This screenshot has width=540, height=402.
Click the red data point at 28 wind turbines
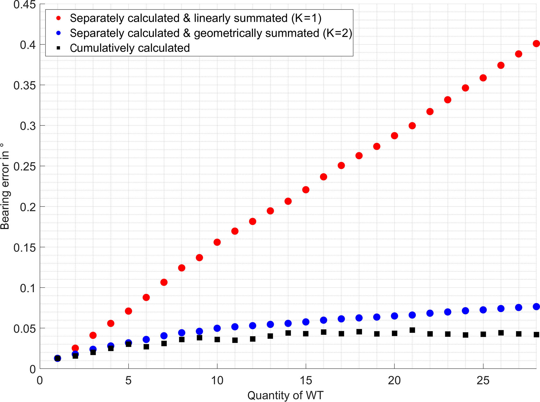(536, 44)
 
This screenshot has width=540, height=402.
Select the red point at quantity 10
(217, 242)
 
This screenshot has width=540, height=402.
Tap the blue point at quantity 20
(394, 316)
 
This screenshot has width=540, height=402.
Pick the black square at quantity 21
(412, 330)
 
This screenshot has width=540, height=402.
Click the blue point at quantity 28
(536, 306)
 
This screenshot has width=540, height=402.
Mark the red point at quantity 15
(306, 190)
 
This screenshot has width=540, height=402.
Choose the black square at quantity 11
(235, 340)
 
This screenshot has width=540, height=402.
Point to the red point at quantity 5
(128, 311)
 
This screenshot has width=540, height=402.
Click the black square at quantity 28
(536, 334)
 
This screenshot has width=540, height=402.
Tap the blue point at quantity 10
(217, 328)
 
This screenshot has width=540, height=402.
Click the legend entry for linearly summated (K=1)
(195, 18)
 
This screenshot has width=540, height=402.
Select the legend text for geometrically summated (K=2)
(211, 33)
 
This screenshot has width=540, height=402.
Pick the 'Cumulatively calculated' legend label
(130, 48)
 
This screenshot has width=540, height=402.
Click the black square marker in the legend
(59, 48)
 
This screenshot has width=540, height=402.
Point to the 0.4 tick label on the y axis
(28, 45)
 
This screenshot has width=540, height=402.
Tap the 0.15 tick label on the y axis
(25, 248)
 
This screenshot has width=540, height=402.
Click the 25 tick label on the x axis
(483, 381)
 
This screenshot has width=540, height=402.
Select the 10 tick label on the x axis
(217, 381)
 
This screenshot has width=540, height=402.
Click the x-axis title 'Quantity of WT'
(285, 395)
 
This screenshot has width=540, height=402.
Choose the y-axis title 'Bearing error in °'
(5, 187)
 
